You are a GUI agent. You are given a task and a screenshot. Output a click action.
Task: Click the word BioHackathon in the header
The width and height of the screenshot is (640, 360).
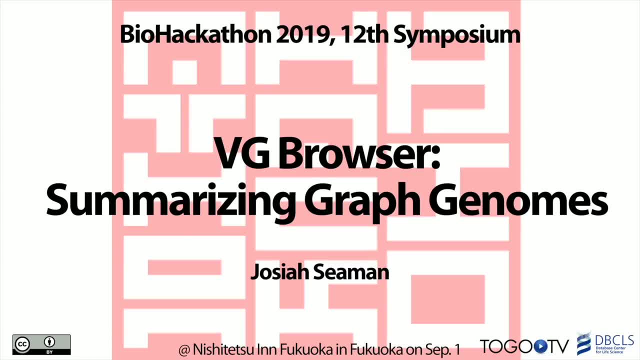pos(195,34)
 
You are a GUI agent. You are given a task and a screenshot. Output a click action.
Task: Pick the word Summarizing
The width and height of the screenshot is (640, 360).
pos(171,201)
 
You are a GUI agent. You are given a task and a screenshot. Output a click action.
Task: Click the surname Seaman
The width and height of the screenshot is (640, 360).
pos(351,271)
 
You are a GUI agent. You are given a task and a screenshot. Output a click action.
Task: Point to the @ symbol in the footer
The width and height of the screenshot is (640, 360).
pos(184,350)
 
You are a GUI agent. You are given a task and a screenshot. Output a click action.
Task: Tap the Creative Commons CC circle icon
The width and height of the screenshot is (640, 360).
pos(22,344)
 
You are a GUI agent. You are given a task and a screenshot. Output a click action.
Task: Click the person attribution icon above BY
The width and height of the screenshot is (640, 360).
pos(49,341)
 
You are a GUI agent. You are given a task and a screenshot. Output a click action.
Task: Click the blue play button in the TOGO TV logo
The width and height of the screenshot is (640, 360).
pos(539,346)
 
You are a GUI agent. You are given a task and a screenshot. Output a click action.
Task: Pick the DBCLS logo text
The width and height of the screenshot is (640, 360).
pos(614,340)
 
